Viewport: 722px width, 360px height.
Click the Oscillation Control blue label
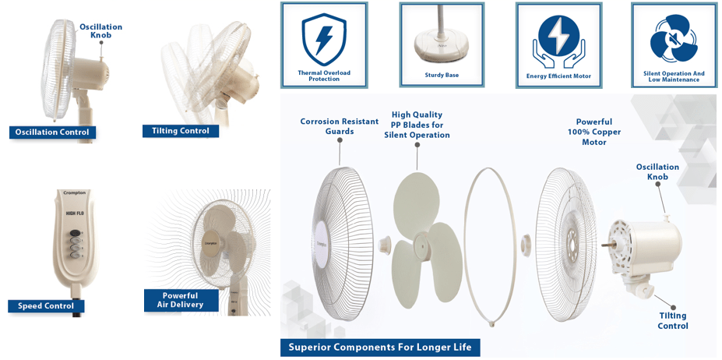[52, 132]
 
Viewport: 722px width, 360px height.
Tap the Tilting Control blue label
[181, 131]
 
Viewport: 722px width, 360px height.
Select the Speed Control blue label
[46, 306]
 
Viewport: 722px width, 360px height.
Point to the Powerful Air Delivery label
[180, 300]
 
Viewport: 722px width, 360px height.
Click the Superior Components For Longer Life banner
[380, 347]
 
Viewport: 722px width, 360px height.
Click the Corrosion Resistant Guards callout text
[340, 126]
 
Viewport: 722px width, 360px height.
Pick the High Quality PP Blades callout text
[417, 125]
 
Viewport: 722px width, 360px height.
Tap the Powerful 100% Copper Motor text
[594, 132]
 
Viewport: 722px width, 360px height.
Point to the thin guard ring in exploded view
[491, 245]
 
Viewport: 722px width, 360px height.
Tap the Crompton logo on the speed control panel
[75, 192]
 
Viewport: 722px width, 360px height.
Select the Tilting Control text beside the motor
[672, 320]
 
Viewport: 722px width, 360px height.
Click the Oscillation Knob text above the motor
[657, 171]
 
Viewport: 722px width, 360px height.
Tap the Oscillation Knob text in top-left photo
[101, 31]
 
